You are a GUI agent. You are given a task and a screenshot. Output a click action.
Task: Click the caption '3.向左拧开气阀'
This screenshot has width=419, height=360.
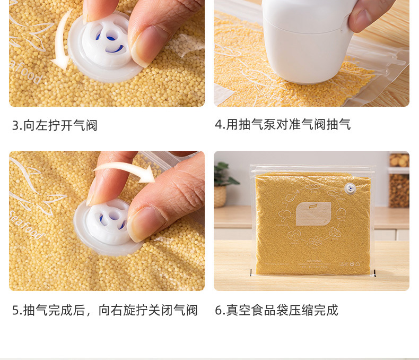(x=55, y=125)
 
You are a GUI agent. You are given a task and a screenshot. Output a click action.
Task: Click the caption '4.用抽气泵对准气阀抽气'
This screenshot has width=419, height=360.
(x=283, y=124)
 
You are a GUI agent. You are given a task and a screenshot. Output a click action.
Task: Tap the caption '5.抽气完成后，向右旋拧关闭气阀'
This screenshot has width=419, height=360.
(x=105, y=310)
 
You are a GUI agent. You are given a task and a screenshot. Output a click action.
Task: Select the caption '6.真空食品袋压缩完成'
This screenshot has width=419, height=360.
(x=276, y=310)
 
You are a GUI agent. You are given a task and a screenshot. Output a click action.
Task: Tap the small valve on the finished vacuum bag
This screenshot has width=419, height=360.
(x=350, y=188)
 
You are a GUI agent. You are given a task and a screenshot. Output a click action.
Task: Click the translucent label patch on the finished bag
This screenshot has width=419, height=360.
(x=313, y=213)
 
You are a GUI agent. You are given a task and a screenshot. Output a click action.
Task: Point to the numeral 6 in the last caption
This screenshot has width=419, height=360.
(x=219, y=311)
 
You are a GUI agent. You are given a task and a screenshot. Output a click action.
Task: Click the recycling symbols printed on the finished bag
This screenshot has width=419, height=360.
(x=351, y=264)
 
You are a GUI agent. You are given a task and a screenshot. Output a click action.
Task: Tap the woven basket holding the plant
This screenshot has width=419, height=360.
(x=220, y=196)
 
